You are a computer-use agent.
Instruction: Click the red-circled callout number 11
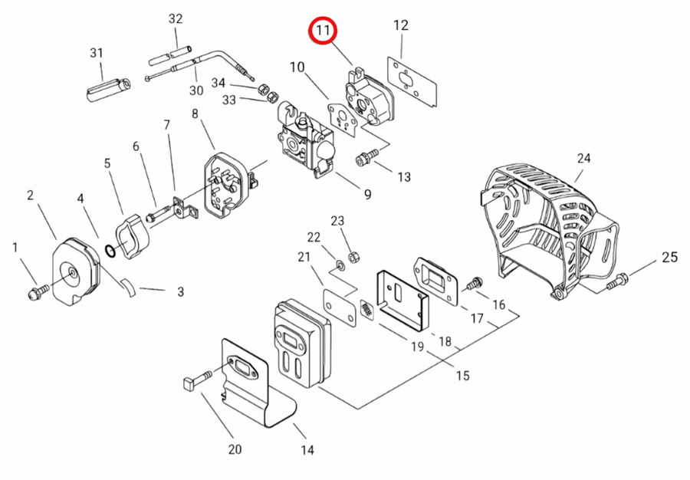tap(323, 31)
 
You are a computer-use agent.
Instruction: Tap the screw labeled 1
tap(38, 292)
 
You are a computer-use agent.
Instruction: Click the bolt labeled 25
tap(618, 281)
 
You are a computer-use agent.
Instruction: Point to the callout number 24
tap(583, 158)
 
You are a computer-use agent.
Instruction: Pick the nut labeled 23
tap(353, 257)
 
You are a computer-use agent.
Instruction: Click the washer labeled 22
tap(340, 265)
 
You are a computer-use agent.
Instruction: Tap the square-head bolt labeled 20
tap(197, 380)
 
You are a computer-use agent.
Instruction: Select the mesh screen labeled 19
tap(367, 311)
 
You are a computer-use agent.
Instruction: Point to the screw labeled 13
tap(367, 157)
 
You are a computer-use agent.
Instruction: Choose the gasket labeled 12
tap(412, 81)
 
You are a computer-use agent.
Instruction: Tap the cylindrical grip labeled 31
tap(108, 89)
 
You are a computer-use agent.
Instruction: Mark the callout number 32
tap(175, 18)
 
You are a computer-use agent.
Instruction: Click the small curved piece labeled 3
tap(128, 288)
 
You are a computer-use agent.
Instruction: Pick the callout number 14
tap(307, 450)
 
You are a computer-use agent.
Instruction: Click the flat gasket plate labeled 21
tap(340, 306)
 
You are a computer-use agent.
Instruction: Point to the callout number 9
tap(367, 194)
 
